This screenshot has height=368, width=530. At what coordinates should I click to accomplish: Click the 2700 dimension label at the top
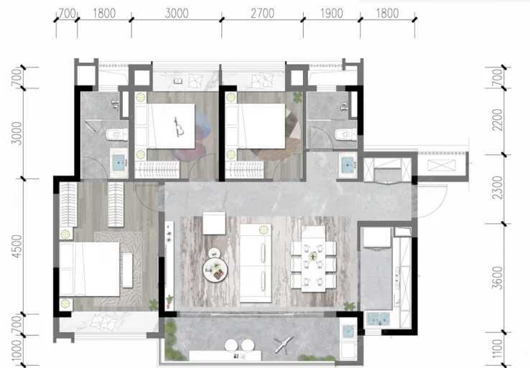pos(262,13)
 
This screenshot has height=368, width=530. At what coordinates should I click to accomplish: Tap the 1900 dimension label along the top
pos(332,13)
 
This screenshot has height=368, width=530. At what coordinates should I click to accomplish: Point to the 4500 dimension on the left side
pos(17,246)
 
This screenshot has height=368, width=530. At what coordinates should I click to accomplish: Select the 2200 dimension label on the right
pos(498,120)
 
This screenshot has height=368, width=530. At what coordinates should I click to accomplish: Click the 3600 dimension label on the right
pos(498,278)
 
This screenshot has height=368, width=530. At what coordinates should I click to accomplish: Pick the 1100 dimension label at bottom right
pos(498,349)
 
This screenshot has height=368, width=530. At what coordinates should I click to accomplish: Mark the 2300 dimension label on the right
pos(498,188)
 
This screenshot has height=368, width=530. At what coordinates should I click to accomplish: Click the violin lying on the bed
pos(179,127)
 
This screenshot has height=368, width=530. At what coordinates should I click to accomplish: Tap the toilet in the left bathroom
pos(116,134)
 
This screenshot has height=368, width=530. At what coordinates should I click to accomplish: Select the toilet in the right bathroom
pos(345,135)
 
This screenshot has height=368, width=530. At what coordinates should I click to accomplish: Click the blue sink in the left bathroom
pos(118,163)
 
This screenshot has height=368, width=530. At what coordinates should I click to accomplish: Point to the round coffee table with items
pos(215,270)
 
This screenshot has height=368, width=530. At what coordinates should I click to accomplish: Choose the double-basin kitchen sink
pos(378,319)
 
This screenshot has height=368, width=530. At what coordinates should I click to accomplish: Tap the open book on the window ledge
pos(178,81)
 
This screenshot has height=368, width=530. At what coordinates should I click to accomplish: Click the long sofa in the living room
pos(256,263)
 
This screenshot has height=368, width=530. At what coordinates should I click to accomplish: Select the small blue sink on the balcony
pos(348,332)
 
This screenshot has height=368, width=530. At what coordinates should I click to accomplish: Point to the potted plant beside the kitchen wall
pos(349,306)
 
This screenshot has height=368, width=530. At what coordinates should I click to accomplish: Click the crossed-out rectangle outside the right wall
pos(442,166)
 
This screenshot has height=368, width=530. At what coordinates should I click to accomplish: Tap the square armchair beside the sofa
pos(214,223)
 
